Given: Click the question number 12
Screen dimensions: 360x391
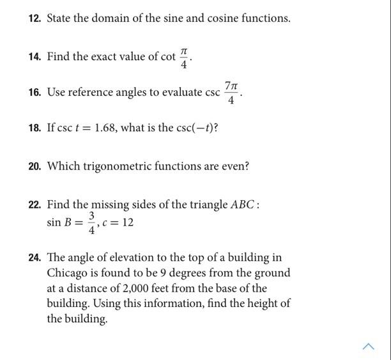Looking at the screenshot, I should (34, 19).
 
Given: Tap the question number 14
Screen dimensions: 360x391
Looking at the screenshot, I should (34, 57).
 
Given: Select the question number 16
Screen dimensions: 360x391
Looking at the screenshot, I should (34, 93).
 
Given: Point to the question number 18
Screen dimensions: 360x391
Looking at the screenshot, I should (34, 128).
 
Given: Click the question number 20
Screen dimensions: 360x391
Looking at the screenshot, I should (34, 167).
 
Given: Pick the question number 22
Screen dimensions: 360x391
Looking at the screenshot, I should (34, 205).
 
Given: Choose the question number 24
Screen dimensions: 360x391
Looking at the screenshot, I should (34, 258).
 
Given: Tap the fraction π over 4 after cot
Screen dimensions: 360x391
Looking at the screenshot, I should (184, 57).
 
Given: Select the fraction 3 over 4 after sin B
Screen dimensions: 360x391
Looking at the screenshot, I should (92, 223).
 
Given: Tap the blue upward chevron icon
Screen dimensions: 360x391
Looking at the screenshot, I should (369, 347).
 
